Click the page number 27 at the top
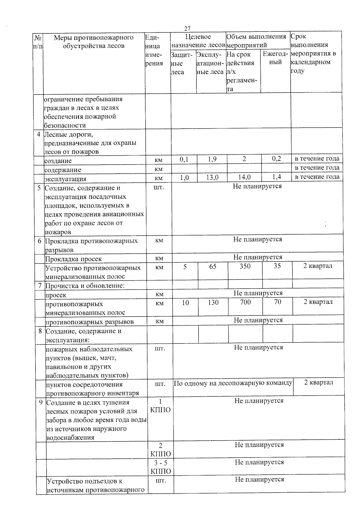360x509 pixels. tap(187, 28)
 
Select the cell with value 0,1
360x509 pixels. tap(184, 159)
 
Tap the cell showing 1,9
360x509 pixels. tap(212, 159)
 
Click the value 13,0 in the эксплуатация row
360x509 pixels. tap(212, 177)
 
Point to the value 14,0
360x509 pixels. tap(244, 177)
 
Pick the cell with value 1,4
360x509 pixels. tap(276, 177)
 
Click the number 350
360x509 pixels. tap(245, 266)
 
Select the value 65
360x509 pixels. tap(213, 266)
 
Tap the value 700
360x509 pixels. tap(245, 302)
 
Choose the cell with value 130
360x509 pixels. tap(213, 302)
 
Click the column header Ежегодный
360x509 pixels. tap(275, 58)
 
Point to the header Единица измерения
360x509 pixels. tap(154, 50)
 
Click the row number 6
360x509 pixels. tap(40, 241)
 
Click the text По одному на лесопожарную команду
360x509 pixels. tap(233, 383)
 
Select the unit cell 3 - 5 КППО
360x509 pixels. tap(160, 467)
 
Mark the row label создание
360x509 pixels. tap(58, 161)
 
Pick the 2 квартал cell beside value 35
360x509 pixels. tap(318, 266)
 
